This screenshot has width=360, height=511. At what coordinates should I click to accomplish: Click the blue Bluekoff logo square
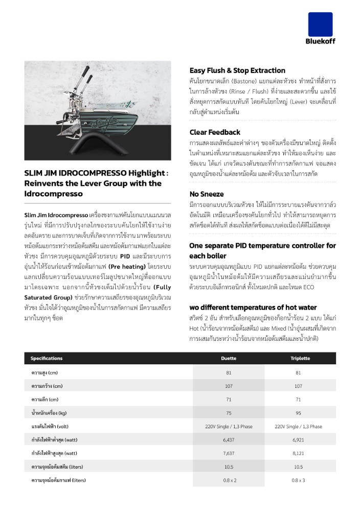point(320,24)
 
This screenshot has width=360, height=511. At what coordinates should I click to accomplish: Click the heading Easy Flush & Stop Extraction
point(237,71)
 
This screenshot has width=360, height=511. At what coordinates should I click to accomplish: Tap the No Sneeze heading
point(207,194)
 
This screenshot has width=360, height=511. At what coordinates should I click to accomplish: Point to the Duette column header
point(229,358)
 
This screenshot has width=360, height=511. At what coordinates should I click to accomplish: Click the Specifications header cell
point(47,358)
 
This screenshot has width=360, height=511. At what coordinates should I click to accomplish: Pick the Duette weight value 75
point(229,413)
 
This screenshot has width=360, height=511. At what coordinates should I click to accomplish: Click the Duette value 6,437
point(229,439)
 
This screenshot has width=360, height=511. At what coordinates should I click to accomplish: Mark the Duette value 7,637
point(229,453)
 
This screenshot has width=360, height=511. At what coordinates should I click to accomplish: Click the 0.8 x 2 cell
point(229,480)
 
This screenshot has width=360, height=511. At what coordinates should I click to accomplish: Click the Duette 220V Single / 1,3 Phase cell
point(229,426)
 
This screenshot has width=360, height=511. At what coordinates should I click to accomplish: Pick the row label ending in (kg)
point(49,413)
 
